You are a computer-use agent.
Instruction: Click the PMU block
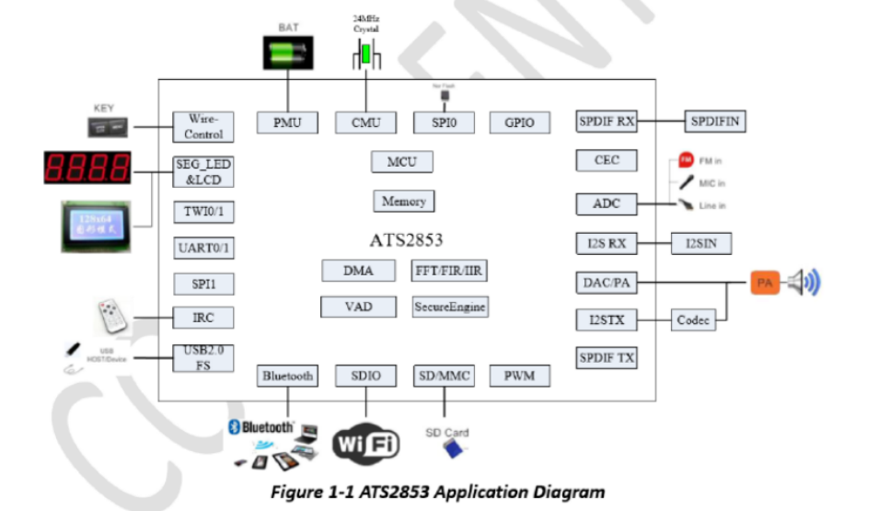(287, 122)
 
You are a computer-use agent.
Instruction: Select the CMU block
(365, 122)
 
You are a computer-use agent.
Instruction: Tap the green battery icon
(287, 56)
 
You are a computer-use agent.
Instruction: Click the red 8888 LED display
(87, 168)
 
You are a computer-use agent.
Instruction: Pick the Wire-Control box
(203, 127)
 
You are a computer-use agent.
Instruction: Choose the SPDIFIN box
(714, 122)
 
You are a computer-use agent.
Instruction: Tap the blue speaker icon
(802, 283)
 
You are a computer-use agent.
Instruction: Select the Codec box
(693, 320)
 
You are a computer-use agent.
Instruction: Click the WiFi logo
(365, 444)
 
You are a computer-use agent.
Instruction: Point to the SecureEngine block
(449, 307)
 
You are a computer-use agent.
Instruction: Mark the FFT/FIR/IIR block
(449, 271)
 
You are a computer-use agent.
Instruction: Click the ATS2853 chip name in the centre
(406, 240)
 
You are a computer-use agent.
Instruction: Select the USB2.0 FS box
(203, 356)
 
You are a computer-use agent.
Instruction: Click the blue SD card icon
(452, 448)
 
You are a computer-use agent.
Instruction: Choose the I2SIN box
(700, 244)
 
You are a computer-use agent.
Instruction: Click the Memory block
(403, 201)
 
